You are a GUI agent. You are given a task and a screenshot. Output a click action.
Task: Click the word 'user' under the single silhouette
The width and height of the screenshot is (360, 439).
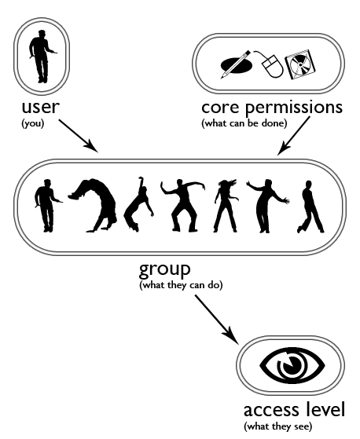[x=41, y=108]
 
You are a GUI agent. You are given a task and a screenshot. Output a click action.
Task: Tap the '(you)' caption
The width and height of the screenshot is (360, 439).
[x=33, y=123]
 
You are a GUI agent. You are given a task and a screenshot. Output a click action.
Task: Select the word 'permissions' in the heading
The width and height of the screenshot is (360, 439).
[x=294, y=108]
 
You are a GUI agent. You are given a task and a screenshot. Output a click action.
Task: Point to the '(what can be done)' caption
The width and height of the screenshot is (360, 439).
[x=244, y=123]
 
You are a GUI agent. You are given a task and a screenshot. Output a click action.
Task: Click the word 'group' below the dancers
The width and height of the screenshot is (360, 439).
[x=165, y=270]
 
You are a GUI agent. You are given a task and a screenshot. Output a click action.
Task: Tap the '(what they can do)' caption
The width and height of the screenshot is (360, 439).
[x=181, y=285]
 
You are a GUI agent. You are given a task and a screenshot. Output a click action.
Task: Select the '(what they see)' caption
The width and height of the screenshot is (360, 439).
[x=278, y=426]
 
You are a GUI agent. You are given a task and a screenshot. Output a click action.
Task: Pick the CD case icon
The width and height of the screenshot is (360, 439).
[x=299, y=65]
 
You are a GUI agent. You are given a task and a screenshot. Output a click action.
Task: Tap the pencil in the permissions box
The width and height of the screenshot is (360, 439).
[x=236, y=64]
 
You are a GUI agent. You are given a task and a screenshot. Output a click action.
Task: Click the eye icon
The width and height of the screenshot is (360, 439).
[x=292, y=365]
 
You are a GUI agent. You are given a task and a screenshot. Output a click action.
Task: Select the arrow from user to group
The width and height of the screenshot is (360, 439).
[x=79, y=136]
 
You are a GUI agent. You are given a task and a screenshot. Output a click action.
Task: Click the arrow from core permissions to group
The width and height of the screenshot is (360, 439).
[x=294, y=136]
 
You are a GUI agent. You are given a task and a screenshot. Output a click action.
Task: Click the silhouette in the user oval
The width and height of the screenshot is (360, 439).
[x=42, y=57]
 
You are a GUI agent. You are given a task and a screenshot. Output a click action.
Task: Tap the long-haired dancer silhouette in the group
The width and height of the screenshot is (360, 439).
[x=225, y=206]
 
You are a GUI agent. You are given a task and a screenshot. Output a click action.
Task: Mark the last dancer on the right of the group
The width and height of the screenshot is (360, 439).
[x=310, y=207]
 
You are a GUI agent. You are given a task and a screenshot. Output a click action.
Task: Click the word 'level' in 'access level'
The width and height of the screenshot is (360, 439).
[x=325, y=409]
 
